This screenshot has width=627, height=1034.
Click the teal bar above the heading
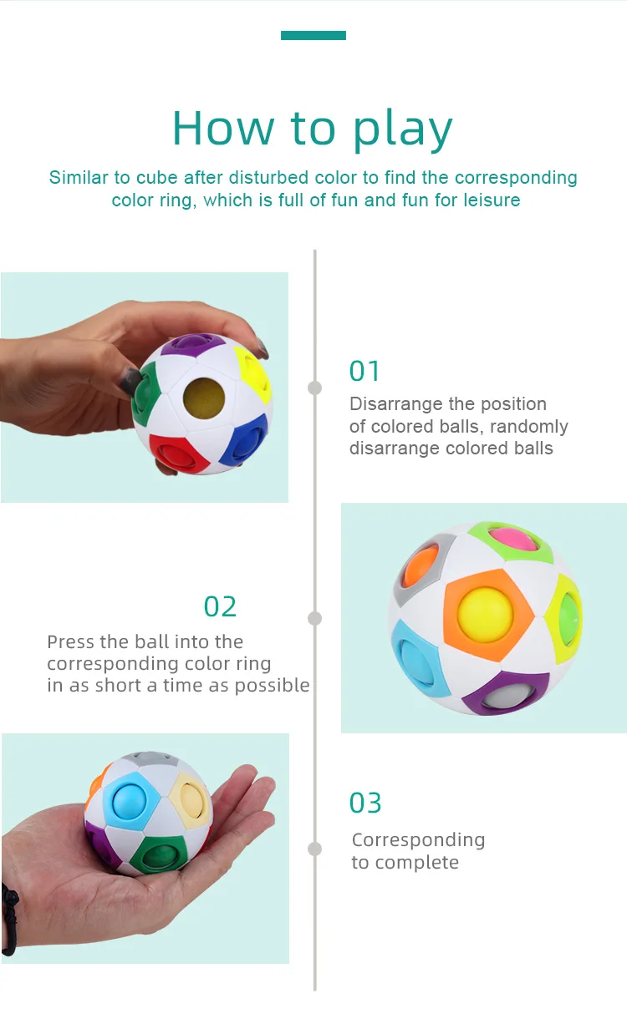point(313,36)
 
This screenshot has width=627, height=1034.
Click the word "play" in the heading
point(402,130)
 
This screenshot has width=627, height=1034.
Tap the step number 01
point(364,371)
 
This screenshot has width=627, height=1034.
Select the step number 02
point(220,606)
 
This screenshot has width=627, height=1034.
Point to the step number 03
point(365,803)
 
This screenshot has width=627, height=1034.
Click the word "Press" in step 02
point(71,641)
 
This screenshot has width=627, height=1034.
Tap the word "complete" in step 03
point(417,862)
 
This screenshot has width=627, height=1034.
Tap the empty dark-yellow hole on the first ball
point(204,398)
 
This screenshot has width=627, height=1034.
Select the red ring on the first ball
point(176,454)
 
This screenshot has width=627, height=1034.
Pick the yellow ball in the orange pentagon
point(485,615)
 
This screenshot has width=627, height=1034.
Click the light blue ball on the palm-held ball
point(129,800)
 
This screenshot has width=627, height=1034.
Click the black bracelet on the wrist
point(9,919)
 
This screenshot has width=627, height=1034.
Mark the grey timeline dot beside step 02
point(314,618)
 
